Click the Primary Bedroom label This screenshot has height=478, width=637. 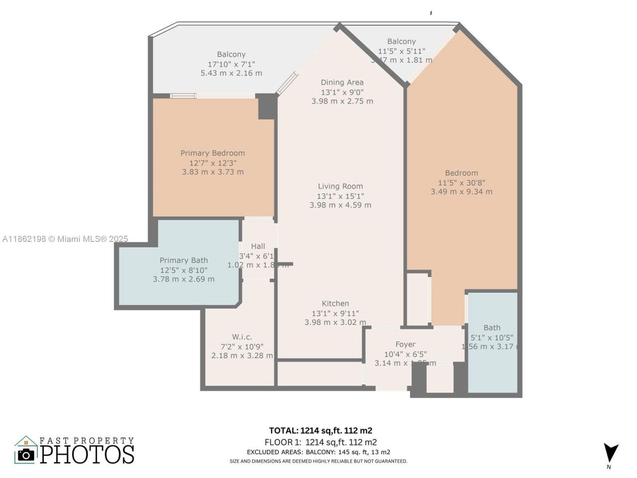[212, 153]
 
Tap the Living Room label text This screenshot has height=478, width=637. [340, 186]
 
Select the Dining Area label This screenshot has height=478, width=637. [342, 82]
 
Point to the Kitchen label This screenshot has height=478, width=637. [335, 303]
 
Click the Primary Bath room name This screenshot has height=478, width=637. [184, 260]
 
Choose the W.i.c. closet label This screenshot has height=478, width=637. [242, 337]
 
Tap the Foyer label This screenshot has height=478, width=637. [405, 344]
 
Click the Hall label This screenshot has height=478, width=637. [258, 246]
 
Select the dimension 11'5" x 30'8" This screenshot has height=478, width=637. [461, 183]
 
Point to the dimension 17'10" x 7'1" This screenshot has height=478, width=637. [231, 64]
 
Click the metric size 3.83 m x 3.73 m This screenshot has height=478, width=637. [212, 172]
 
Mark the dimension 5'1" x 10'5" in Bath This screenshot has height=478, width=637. [492, 337]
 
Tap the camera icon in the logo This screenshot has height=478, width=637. [26, 454]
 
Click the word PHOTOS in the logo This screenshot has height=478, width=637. [87, 454]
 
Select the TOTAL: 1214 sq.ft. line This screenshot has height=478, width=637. [320, 431]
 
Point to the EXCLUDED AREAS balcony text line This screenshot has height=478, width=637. [318, 452]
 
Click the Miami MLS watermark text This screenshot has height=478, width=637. [65, 239]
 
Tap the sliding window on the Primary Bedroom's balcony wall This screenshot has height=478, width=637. [183, 96]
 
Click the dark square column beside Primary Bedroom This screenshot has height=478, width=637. [267, 107]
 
